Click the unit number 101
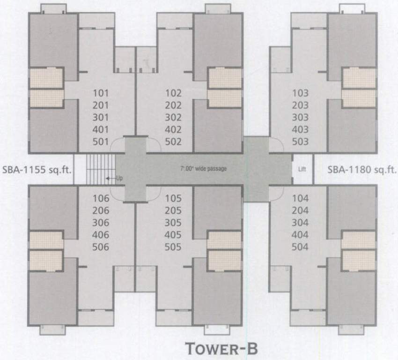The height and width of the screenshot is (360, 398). (x=101, y=93)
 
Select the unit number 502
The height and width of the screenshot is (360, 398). (x=173, y=142)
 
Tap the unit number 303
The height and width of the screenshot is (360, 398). (x=300, y=117)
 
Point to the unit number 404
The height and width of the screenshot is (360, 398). (x=300, y=234)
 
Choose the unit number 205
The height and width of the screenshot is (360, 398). (x=173, y=210)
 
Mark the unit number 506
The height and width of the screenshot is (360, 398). (x=101, y=247)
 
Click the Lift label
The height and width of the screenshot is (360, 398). (x=302, y=169)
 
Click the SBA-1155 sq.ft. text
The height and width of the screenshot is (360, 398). (x=37, y=169)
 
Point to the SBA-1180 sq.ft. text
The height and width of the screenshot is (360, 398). (x=361, y=169)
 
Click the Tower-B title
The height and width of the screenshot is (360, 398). (x=221, y=349)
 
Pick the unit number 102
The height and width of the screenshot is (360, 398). (x=173, y=93)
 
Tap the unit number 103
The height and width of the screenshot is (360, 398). (x=300, y=93)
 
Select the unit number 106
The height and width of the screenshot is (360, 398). (x=101, y=198)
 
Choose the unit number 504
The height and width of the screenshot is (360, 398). (x=300, y=247)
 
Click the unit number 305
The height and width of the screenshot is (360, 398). (x=173, y=223)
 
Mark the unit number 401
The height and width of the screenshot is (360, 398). (x=101, y=129)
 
